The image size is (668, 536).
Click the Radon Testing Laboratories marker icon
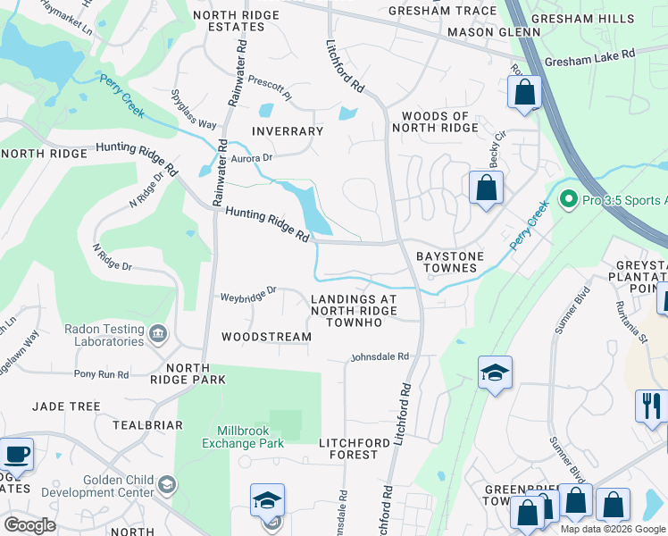(x=158, y=334)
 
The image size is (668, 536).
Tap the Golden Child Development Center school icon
(x=166, y=485)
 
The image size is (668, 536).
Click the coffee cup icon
(x=16, y=454)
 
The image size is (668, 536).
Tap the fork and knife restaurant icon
(x=651, y=405)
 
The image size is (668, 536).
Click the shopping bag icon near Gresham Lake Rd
(x=523, y=92)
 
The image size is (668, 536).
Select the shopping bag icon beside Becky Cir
(x=486, y=188)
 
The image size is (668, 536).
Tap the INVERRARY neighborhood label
(x=287, y=131)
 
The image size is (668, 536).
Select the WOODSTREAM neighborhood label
(x=266, y=337)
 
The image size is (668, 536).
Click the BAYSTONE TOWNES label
(x=450, y=263)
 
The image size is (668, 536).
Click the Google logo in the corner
(x=29, y=525)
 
